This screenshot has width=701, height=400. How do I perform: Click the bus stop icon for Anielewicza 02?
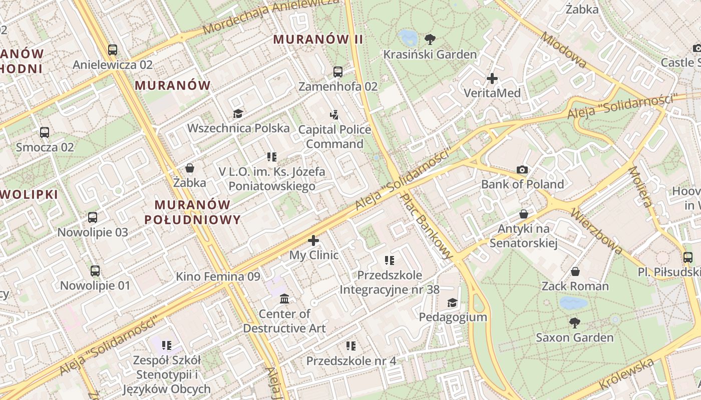(113, 50)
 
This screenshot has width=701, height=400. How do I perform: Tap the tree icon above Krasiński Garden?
(430, 39)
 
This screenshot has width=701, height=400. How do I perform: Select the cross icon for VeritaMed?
(492, 78)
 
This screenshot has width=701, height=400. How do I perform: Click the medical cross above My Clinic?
(313, 240)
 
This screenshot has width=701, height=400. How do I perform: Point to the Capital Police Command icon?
(334, 115)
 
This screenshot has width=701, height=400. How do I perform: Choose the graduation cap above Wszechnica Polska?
(237, 113)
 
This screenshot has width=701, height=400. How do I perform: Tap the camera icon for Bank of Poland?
(522, 170)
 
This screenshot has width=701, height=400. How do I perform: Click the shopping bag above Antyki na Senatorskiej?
(524, 214)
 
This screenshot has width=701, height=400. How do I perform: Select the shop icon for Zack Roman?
(575, 271)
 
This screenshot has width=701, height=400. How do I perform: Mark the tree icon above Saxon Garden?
(574, 323)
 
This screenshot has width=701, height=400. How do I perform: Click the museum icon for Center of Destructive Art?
(284, 299)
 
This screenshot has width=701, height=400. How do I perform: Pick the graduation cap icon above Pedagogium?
(452, 302)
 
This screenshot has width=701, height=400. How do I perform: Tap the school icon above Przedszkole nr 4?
(351, 346)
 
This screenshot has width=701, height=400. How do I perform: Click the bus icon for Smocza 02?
(45, 132)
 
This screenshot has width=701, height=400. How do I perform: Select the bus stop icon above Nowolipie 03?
(93, 217)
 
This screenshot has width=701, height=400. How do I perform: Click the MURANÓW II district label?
(318, 39)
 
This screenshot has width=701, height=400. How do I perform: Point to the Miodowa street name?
(563, 50)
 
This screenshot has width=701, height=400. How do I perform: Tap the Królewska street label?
(626, 375)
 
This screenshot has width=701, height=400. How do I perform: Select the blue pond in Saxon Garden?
(573, 302)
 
